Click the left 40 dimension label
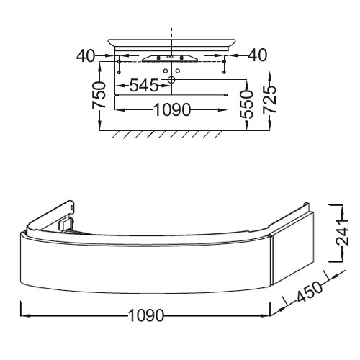[x=86, y=56]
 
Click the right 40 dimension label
[x=257, y=55]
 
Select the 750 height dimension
[x=99, y=95]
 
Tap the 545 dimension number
[x=144, y=86]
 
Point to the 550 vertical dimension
[x=246, y=104]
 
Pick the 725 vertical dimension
[x=270, y=99]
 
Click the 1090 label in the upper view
[x=172, y=110]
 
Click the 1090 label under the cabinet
[x=146, y=315]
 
